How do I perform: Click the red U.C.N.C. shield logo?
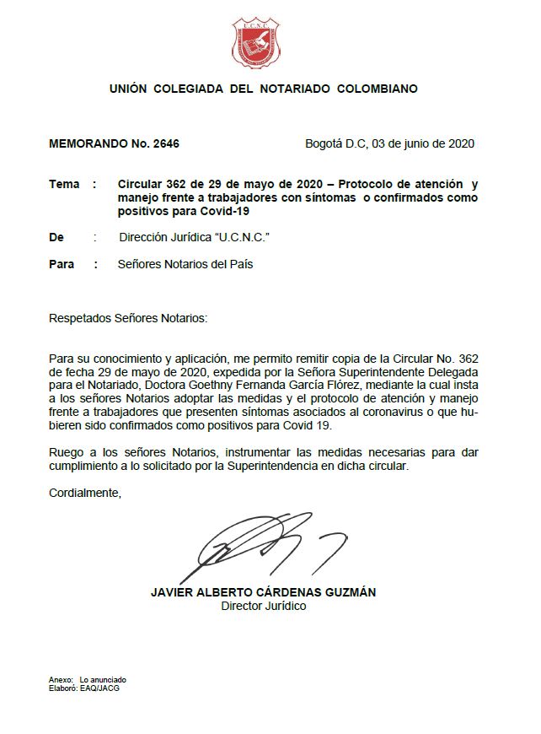tap(262, 44)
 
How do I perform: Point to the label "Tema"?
tap(64, 184)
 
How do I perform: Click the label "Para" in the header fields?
tap(62, 264)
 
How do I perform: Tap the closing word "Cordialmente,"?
tap(85, 494)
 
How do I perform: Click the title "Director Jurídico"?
tap(263, 606)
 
